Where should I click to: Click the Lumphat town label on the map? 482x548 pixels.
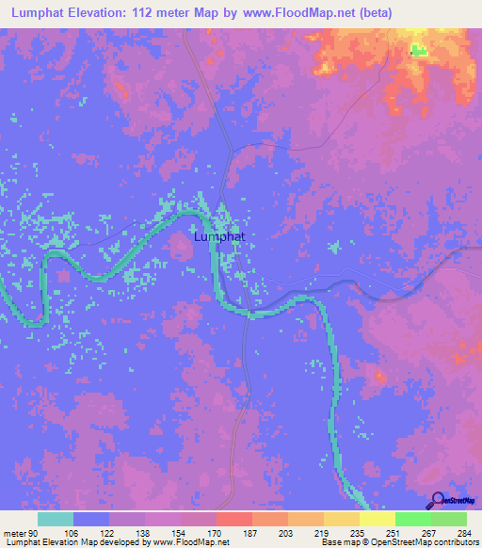[x=218, y=237]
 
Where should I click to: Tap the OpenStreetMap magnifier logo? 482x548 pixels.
[x=439, y=500]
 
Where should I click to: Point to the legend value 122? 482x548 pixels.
[x=109, y=532]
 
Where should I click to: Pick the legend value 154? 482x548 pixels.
[x=181, y=532]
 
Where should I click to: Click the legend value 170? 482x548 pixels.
[x=217, y=532]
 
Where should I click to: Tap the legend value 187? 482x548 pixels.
[x=252, y=532]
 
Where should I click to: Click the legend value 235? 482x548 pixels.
[x=360, y=532]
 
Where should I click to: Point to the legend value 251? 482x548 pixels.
[x=395, y=532]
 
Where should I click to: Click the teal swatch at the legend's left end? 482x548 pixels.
[x=55, y=519]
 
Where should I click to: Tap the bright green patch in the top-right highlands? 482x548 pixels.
[x=417, y=50]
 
